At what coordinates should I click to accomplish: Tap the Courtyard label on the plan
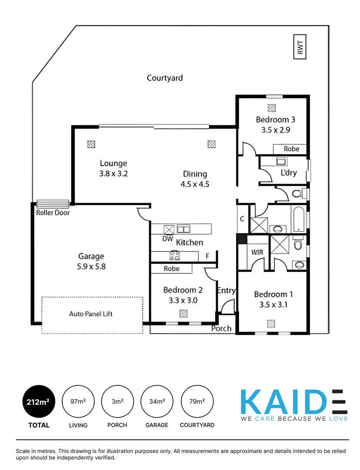click(165, 78)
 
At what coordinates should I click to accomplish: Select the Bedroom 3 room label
click(275, 120)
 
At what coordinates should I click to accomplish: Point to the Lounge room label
click(113, 164)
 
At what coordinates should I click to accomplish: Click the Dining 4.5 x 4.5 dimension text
click(195, 184)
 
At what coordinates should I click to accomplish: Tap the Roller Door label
click(53, 213)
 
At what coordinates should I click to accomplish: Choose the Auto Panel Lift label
click(91, 314)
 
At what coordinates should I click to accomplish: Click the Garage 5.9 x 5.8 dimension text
click(91, 266)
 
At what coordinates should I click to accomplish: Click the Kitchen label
click(190, 242)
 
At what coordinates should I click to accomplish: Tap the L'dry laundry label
click(289, 173)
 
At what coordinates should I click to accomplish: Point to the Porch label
click(221, 328)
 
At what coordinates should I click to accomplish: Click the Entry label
click(226, 291)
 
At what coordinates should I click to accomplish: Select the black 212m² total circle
click(39, 402)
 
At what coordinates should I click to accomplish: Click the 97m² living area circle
click(78, 402)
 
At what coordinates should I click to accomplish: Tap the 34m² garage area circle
click(157, 402)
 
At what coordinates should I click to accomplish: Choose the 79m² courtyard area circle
click(197, 402)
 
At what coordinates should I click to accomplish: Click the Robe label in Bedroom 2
click(172, 269)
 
